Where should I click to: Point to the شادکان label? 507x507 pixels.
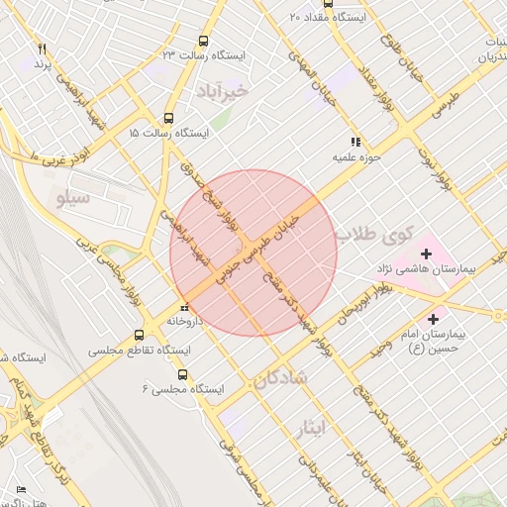[x=280, y=378]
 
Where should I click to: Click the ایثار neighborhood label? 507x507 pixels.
[x=310, y=427]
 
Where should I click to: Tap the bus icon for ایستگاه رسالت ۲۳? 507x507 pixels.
[x=203, y=41]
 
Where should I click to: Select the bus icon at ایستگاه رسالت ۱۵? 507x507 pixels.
[x=169, y=116]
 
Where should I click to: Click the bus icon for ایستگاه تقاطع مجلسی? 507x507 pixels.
[x=138, y=335]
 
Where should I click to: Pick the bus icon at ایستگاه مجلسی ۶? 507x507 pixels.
[x=182, y=374]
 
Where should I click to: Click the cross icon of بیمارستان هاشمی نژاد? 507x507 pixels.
[x=427, y=253]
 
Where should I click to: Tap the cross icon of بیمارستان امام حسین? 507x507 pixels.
[x=432, y=319]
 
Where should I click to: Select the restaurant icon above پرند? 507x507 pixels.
[x=42, y=49]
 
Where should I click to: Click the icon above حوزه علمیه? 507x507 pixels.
[x=355, y=142]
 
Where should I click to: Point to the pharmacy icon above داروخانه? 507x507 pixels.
[x=184, y=306]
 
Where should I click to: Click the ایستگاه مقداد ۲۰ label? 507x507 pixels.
[x=328, y=17]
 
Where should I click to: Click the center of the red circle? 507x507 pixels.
[x=253, y=253]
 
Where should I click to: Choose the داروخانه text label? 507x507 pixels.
[x=185, y=322]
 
